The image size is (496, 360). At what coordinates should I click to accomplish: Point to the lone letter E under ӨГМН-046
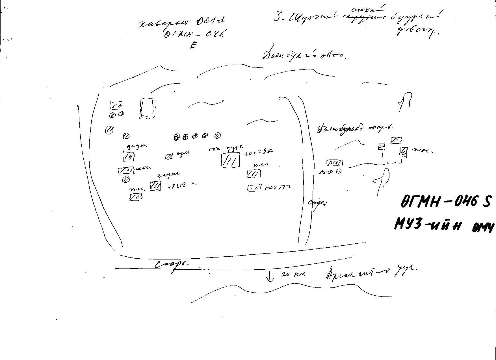tap(194, 45)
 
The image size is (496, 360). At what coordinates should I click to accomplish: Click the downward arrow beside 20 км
tap(270, 276)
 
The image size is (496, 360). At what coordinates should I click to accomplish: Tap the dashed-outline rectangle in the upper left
tap(147, 108)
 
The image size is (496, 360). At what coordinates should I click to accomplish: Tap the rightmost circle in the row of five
tap(217, 136)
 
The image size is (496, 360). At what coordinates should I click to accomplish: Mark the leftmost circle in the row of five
tap(177, 137)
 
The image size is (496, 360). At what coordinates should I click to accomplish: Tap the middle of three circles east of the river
tap(330, 172)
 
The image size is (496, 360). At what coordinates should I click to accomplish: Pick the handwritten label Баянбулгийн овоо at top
tap(304, 54)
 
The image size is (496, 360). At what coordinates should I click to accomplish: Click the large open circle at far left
tap(109, 130)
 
